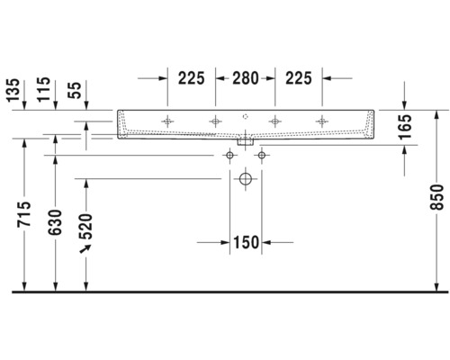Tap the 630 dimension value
[x=56, y=220]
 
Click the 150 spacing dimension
[x=246, y=242]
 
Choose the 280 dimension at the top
[x=245, y=78]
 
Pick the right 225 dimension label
[x=298, y=78]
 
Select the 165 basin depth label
[x=405, y=126]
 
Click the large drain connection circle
[x=245, y=180]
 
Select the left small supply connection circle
[x=229, y=157]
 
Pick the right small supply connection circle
[x=261, y=157]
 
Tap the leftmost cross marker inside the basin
[x=167, y=121]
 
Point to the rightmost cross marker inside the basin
[x=321, y=121]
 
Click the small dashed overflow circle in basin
[x=245, y=116]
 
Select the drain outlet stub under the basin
[x=245, y=141]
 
